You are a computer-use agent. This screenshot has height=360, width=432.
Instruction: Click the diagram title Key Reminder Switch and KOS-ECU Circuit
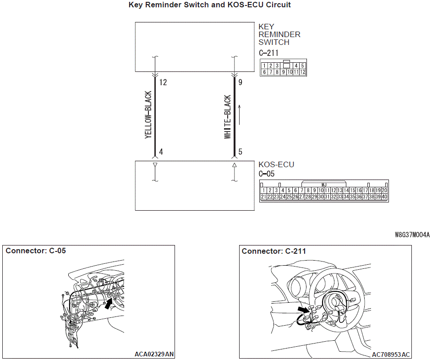pos(210,5)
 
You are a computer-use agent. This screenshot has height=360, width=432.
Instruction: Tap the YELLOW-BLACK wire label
pos(148,115)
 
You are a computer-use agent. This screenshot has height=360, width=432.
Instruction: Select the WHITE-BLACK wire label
pos(227,117)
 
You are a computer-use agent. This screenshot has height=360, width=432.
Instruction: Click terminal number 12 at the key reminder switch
pos(163,82)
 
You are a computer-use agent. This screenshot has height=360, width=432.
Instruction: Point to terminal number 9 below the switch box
pos(240,82)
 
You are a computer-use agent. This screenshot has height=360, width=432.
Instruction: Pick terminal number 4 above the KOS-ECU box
pos(161,152)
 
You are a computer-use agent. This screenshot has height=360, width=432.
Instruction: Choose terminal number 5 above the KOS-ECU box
pos(240,152)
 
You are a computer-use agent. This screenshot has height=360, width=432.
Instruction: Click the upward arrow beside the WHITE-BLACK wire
pos(240,115)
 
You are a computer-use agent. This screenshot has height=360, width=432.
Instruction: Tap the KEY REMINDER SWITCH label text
pos(279,34)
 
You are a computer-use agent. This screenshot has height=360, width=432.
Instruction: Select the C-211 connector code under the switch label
pos(268,53)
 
